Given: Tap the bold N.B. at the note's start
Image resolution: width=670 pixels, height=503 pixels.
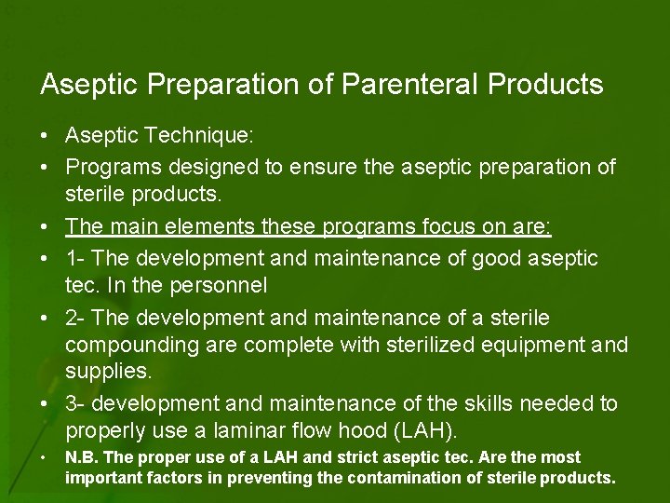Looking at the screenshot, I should [x=78, y=457].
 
